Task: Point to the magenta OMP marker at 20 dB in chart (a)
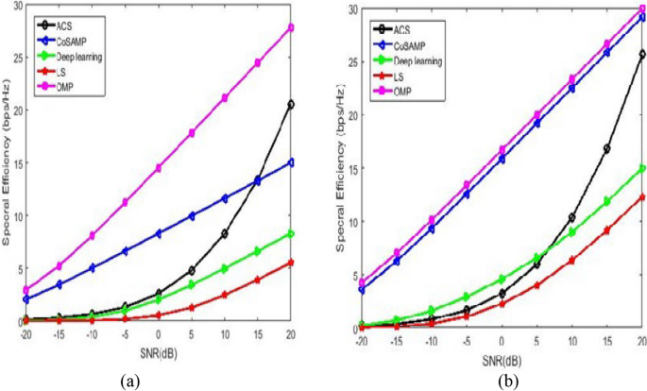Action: click(x=291, y=27)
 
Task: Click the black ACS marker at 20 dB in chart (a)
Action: click(x=291, y=104)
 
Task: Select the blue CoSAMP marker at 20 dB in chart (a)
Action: click(x=291, y=162)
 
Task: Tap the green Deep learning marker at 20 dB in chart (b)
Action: click(x=642, y=169)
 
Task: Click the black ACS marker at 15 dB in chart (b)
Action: click(x=606, y=148)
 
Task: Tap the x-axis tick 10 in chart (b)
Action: click(x=571, y=340)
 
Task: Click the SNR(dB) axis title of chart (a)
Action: click(x=157, y=350)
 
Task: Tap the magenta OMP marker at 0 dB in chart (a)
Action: click(x=158, y=167)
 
